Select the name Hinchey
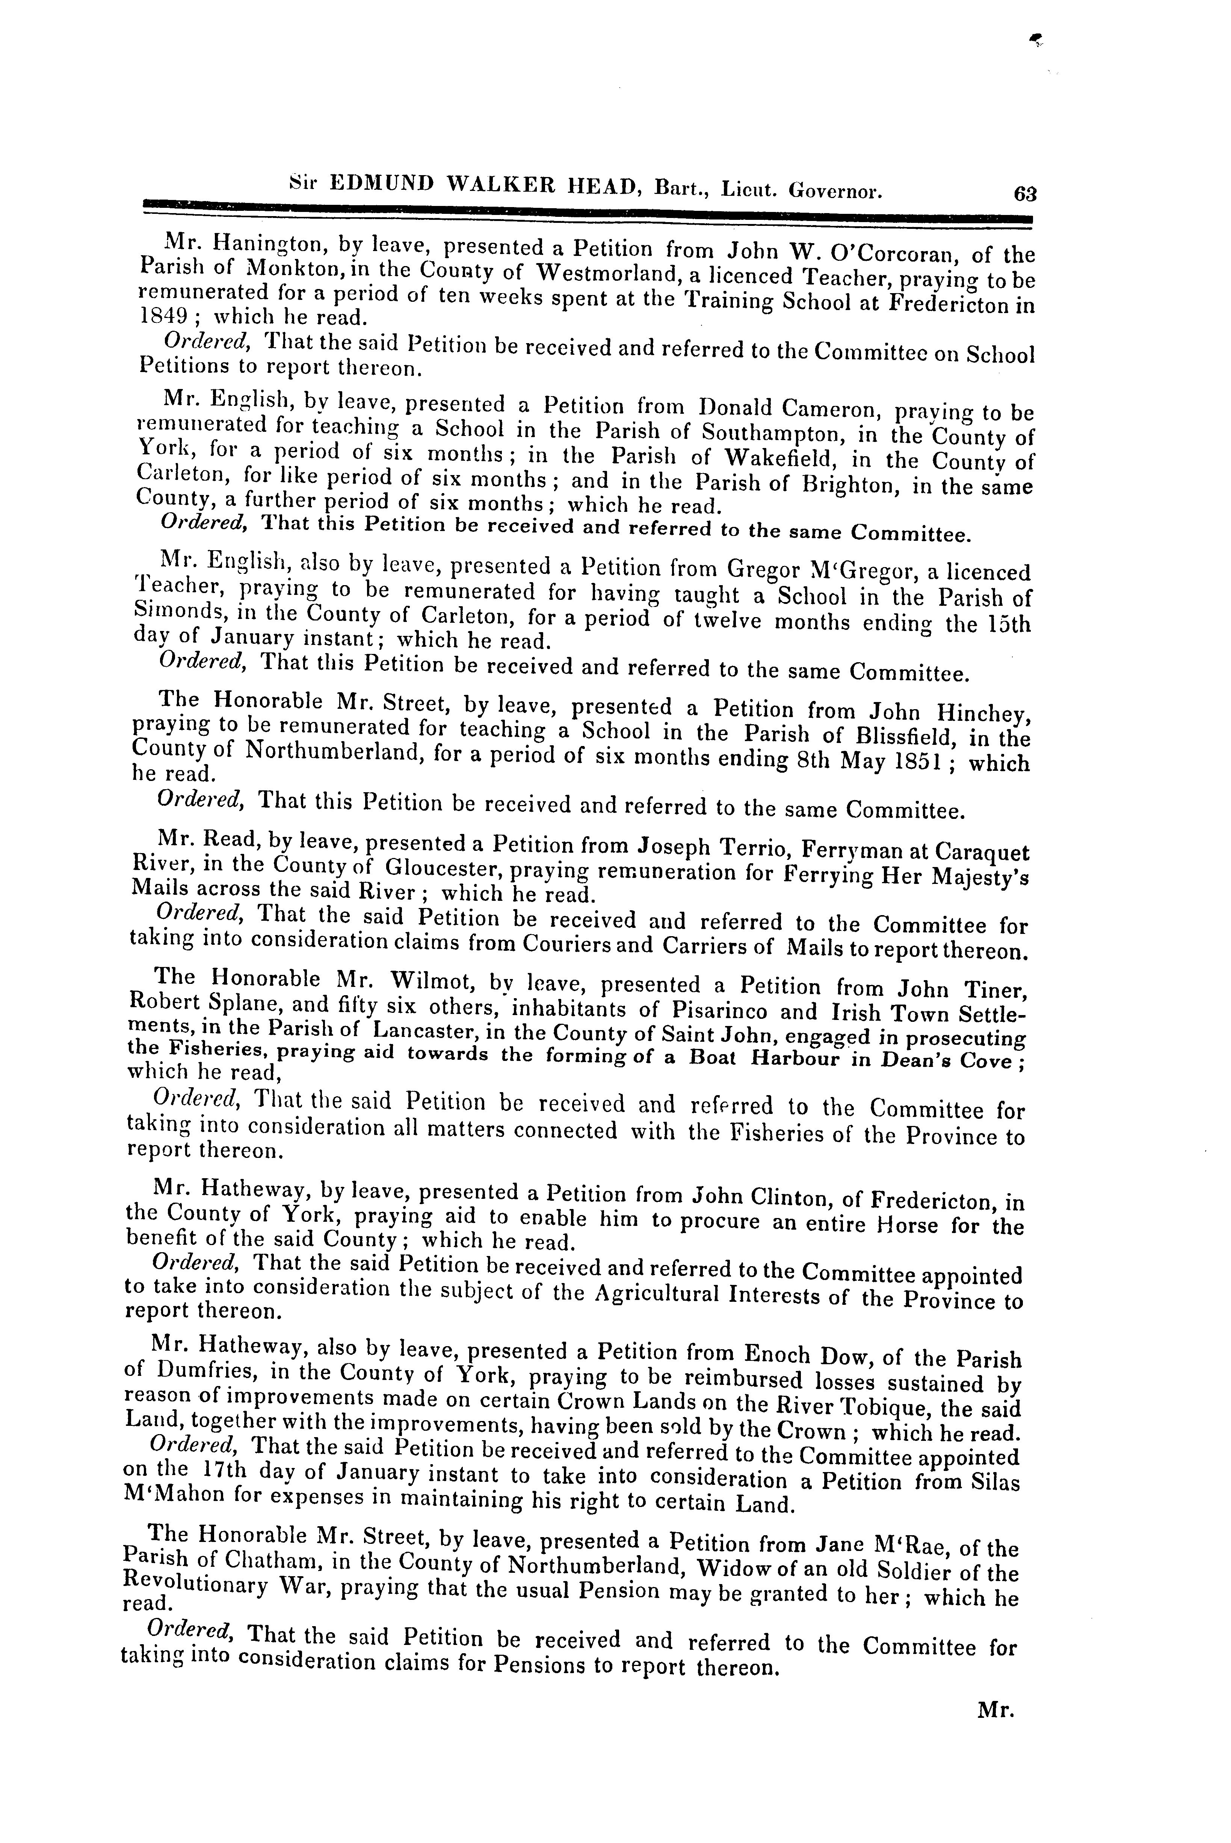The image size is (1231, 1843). tap(985, 714)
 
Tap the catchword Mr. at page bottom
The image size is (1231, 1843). tap(996, 1710)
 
